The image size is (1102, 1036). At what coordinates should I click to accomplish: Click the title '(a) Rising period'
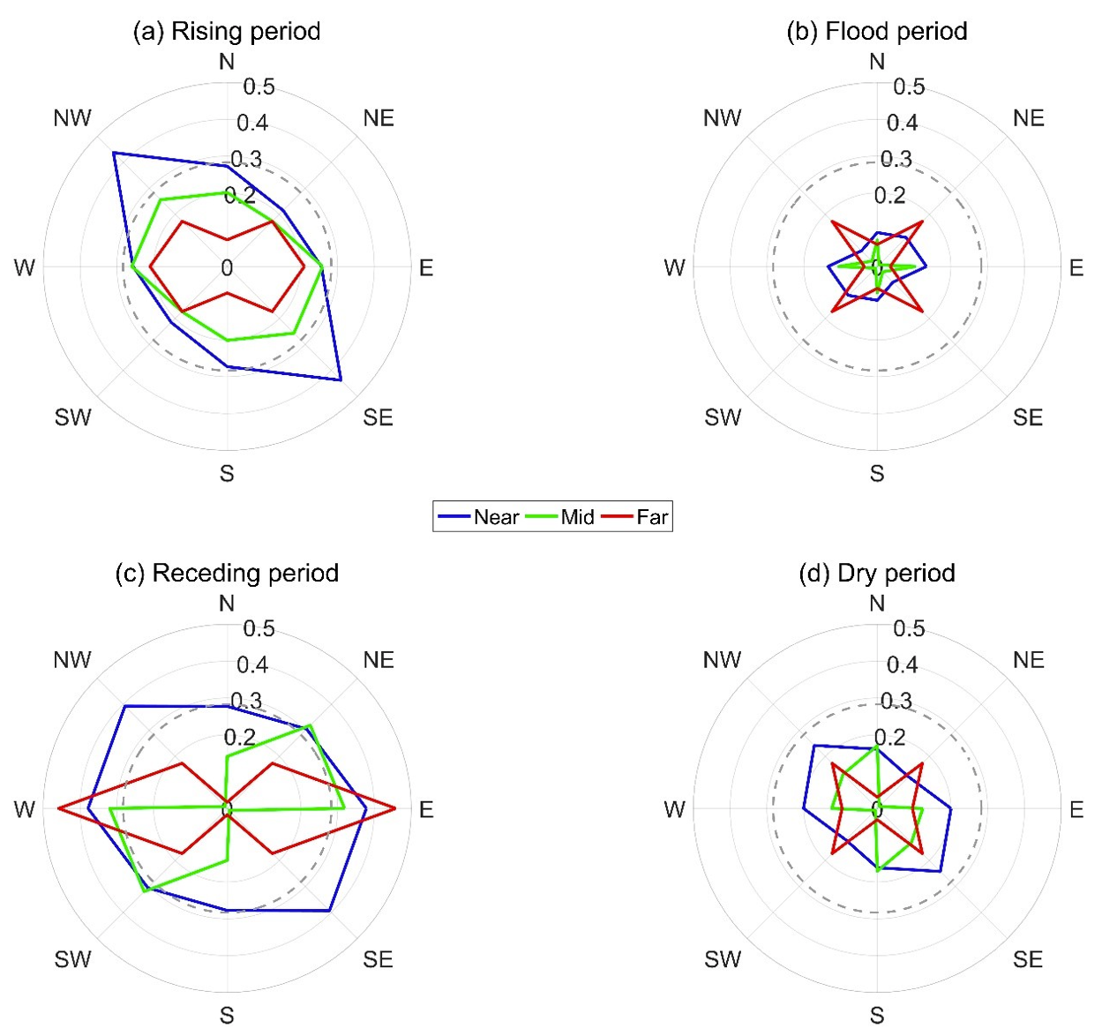click(226, 32)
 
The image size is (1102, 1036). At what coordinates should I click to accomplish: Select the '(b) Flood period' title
click(876, 32)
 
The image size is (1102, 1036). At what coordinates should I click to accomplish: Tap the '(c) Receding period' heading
click(227, 574)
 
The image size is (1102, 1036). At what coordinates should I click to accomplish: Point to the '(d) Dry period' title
click(876, 574)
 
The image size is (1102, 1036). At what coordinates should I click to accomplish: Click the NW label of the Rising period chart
click(72, 118)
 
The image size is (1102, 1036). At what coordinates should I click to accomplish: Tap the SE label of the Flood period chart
click(1028, 417)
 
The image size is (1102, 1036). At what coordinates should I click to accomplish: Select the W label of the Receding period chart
click(25, 809)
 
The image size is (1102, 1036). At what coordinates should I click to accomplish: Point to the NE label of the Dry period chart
click(1028, 660)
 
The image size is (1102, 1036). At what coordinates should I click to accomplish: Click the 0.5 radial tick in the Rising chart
click(259, 86)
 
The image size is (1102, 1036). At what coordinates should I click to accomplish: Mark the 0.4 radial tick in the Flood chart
click(902, 123)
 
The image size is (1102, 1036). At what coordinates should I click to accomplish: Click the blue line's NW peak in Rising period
click(113, 154)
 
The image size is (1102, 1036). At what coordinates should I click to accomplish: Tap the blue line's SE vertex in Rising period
click(341, 380)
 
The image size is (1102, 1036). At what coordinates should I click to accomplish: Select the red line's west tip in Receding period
click(58, 808)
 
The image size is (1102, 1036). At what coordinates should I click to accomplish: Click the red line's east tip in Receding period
click(395, 808)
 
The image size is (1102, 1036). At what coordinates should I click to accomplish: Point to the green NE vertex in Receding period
click(310, 725)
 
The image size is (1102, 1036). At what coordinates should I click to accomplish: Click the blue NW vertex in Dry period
click(813, 746)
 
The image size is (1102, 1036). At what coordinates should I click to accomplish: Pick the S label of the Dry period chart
click(876, 1016)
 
